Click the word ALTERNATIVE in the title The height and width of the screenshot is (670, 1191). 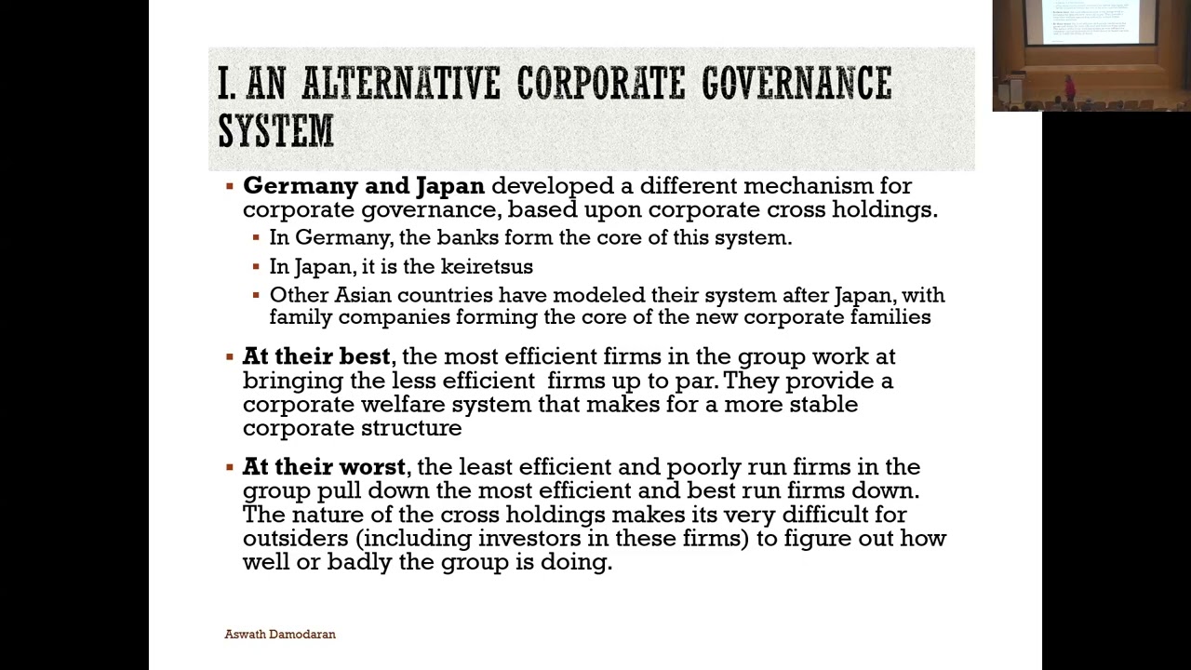(401, 84)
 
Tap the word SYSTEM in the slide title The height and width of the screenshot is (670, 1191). (275, 129)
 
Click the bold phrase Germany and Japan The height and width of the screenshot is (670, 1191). (363, 186)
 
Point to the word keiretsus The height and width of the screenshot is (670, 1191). (487, 267)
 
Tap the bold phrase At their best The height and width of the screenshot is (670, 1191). (315, 356)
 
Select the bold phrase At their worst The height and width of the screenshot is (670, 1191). (324, 467)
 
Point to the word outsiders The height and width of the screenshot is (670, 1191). (295, 539)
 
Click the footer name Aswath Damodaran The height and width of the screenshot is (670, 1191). (280, 635)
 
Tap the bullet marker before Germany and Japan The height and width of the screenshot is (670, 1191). (230, 186)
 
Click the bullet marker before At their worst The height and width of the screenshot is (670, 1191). (230, 467)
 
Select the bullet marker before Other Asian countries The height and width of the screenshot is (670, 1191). (256, 295)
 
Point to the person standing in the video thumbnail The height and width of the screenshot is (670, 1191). (1069, 88)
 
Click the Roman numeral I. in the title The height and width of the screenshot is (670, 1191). (226, 84)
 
